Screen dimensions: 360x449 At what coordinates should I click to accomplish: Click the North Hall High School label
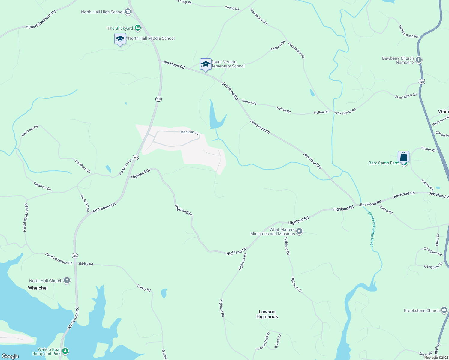point(102,12)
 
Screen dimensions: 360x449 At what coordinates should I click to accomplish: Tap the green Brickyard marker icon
point(138,28)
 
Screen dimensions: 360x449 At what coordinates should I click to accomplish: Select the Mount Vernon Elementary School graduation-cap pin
point(206,65)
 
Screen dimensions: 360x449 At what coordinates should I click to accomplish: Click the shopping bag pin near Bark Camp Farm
point(403,157)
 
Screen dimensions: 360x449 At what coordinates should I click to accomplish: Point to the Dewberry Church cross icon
point(419,60)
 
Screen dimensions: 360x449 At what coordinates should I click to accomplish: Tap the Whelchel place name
point(38,288)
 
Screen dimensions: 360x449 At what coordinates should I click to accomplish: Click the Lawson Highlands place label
point(267,314)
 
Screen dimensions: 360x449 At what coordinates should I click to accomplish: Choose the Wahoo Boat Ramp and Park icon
point(65,351)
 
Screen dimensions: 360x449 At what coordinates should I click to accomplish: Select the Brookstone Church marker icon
point(444,310)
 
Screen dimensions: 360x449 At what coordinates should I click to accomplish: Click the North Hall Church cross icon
point(67,281)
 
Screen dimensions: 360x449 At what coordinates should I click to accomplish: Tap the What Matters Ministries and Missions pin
point(299,231)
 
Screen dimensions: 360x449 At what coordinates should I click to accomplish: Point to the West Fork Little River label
point(371,229)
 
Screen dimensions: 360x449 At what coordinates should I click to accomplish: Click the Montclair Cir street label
point(190,132)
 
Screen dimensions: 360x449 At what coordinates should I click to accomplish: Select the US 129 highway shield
point(422,82)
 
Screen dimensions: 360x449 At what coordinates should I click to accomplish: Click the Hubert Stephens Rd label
point(41,20)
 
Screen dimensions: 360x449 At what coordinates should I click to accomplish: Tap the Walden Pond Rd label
point(408,31)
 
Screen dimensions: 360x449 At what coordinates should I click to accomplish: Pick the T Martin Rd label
point(278,46)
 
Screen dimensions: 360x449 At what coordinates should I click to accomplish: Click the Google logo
point(10,356)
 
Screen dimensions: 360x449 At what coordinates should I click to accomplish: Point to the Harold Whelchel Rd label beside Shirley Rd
point(59,258)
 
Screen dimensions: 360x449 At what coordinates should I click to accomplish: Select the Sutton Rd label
point(386,210)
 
